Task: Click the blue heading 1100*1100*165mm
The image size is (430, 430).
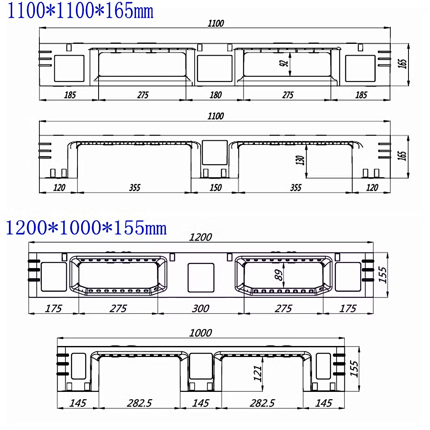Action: tap(80, 11)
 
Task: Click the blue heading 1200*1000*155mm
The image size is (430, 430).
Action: tap(86, 228)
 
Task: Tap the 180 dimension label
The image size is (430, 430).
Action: tap(215, 95)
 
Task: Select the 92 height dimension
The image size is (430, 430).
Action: tap(284, 63)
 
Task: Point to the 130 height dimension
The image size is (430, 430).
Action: tap(300, 160)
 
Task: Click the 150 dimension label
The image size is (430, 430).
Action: tap(215, 187)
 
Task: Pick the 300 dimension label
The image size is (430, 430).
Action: tap(200, 309)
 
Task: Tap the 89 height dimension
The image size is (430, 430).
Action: tap(278, 275)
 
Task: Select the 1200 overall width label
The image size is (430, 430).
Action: tap(200, 237)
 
